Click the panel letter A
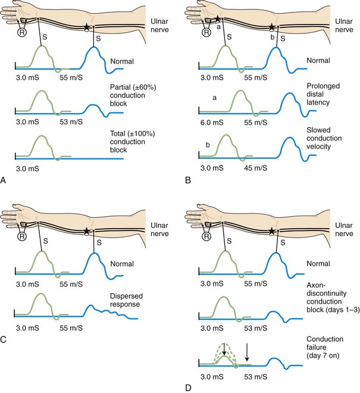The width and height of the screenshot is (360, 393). pos(5,179)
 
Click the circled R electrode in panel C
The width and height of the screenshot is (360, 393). pos(26,235)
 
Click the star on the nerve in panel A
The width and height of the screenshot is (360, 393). pos(87,27)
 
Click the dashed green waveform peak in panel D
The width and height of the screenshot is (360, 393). pos(224,344)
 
